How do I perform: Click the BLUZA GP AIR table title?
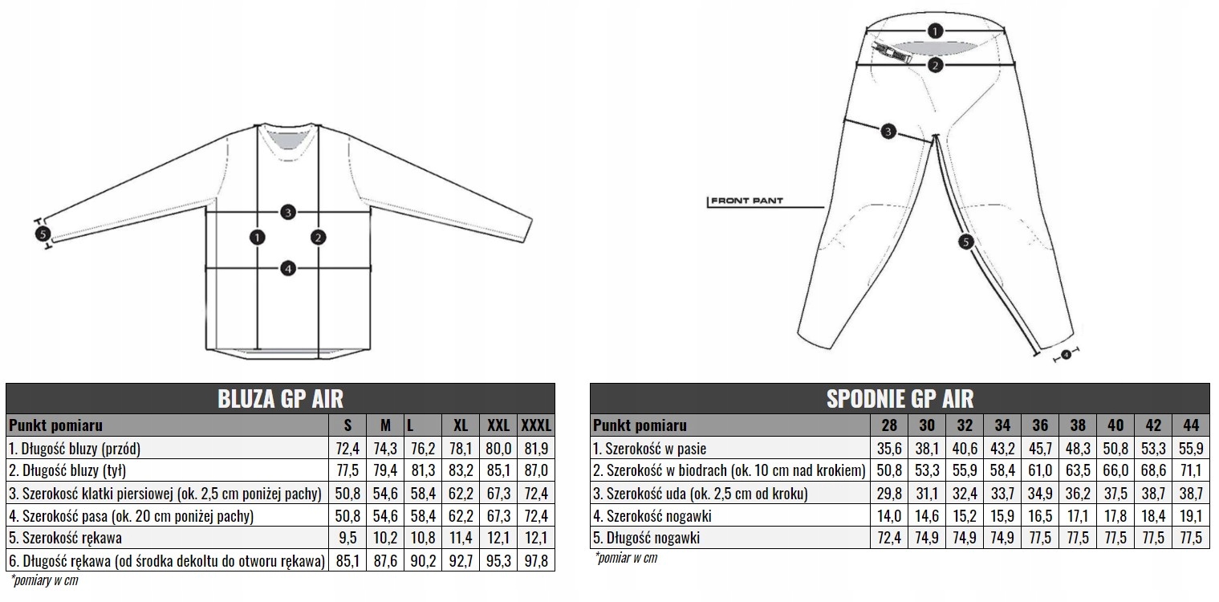click(280, 398)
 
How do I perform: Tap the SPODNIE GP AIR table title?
click(899, 398)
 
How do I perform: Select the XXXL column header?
click(537, 425)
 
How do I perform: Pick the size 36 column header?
click(1040, 425)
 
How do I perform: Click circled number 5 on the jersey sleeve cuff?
click(43, 234)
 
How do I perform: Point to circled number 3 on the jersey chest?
click(288, 213)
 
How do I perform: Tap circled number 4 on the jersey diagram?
click(288, 268)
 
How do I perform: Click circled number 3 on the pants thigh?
click(888, 132)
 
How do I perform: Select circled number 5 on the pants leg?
click(965, 241)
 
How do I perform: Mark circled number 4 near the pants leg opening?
click(1066, 354)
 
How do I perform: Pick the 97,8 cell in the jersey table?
click(537, 560)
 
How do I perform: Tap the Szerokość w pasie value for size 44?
click(1191, 448)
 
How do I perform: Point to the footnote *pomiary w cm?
click(45, 580)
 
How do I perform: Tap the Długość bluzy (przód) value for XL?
click(460, 448)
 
